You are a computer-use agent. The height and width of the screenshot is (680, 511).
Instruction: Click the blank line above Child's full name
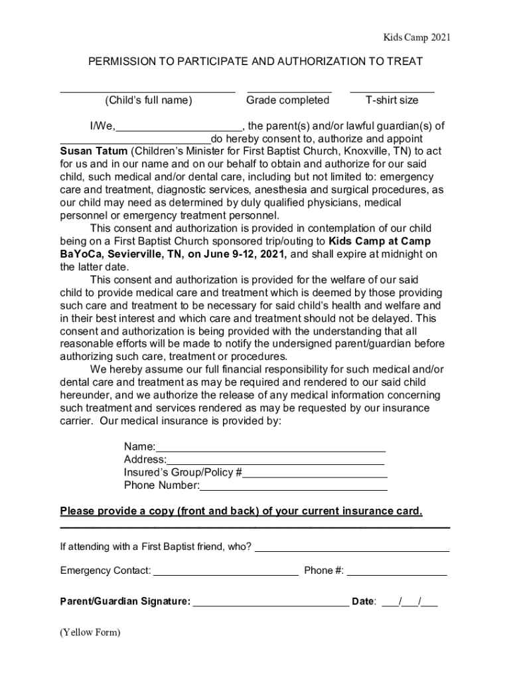[147, 91]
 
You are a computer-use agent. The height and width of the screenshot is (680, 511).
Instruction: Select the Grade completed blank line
[289, 91]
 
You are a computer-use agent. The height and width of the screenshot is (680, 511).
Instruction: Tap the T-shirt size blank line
[392, 91]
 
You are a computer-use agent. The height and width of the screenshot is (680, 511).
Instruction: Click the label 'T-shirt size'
[392, 100]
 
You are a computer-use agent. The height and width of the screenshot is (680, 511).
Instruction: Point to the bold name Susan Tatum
[94, 151]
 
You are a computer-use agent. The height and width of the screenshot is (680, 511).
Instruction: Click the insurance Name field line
[271, 450]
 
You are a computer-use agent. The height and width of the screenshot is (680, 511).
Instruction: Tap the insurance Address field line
[275, 463]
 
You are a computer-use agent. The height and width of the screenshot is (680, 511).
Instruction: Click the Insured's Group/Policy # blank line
[315, 476]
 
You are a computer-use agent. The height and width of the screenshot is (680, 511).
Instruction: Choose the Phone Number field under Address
[293, 489]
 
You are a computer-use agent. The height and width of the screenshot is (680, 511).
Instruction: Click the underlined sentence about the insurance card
[241, 511]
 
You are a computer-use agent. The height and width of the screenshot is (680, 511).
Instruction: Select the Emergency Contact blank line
[226, 574]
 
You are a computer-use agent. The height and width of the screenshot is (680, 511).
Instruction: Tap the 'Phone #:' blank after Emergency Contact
[396, 574]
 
